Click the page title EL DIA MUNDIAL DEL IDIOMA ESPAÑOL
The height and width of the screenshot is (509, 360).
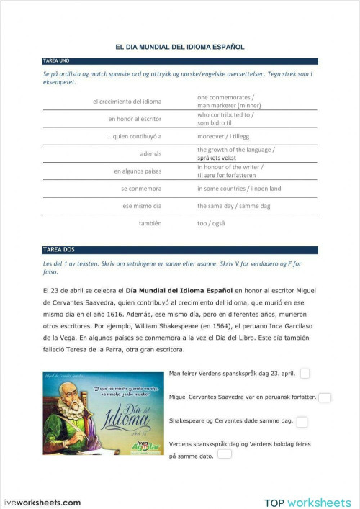point(179,47)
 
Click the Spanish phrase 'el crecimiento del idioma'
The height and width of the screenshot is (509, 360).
point(127,102)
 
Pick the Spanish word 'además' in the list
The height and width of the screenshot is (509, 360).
point(150,153)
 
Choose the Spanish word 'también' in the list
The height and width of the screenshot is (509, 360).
point(150,223)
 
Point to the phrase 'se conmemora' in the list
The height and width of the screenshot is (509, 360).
point(141,189)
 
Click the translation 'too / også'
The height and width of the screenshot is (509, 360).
point(211,223)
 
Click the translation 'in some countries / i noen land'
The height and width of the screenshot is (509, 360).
point(239,189)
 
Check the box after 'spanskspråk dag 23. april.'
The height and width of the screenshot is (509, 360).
point(305,374)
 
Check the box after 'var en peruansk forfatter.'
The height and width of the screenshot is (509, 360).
point(325,397)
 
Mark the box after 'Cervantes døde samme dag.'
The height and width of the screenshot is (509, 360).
point(302,421)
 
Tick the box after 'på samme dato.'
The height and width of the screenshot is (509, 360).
point(225,455)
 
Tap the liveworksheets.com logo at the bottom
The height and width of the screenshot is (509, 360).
point(41,502)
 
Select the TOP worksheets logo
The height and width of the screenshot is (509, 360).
point(307,502)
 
